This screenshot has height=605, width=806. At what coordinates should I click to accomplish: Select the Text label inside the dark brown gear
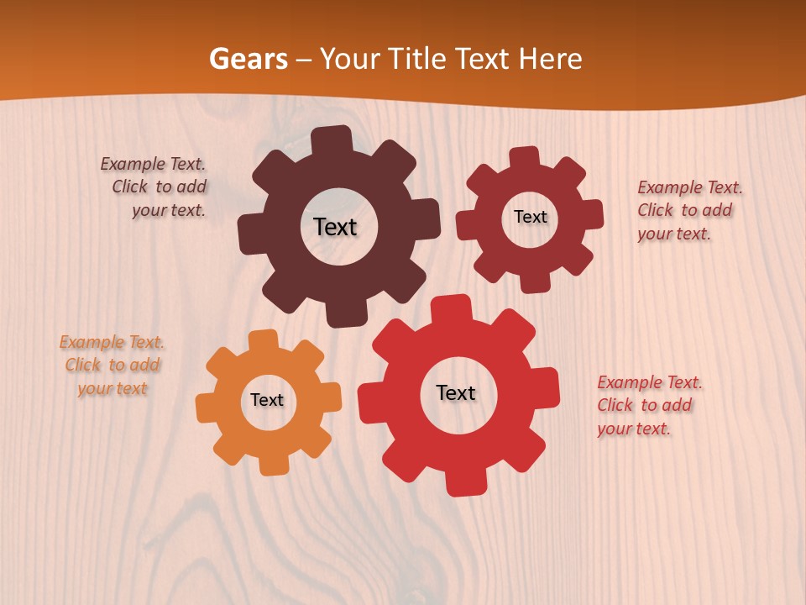point(335,227)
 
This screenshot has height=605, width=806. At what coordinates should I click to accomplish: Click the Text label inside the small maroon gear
point(530,217)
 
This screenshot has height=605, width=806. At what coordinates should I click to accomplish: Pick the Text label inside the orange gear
point(267,400)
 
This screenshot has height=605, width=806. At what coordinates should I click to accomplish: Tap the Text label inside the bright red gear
point(456,392)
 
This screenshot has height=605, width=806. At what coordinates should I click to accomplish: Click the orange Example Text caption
point(112,366)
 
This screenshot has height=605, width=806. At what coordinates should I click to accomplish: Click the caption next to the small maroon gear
point(688,210)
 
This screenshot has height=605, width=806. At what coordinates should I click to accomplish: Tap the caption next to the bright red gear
point(648,405)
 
